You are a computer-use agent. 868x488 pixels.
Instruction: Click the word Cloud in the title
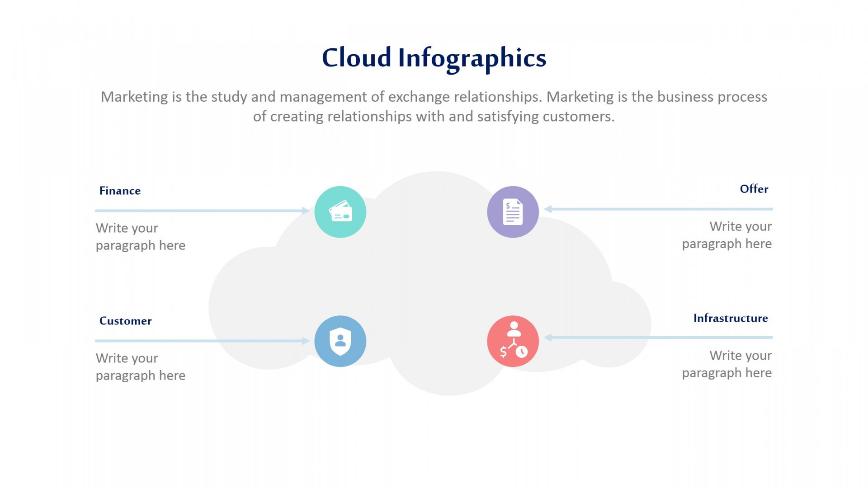(x=356, y=58)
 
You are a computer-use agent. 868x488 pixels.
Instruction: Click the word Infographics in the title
(x=472, y=59)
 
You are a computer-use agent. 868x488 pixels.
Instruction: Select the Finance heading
(x=120, y=191)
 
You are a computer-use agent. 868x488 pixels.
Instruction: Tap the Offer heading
(x=754, y=189)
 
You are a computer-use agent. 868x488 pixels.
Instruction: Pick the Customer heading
(x=125, y=321)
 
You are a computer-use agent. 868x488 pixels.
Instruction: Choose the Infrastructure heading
(x=731, y=318)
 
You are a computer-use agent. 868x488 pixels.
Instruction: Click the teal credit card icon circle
(x=340, y=212)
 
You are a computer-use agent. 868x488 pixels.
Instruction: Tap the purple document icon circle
(x=513, y=212)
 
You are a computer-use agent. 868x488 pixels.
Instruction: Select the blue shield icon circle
(x=340, y=341)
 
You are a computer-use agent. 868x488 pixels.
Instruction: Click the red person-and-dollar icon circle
(x=513, y=341)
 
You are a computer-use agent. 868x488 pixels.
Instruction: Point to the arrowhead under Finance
(x=306, y=211)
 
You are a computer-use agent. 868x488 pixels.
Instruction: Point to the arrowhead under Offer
(x=547, y=209)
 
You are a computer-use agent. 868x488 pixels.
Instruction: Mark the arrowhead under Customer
(x=306, y=341)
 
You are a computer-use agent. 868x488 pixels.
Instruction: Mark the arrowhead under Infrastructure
(x=547, y=338)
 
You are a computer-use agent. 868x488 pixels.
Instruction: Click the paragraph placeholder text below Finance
(x=141, y=237)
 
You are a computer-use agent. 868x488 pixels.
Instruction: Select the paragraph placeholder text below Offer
(x=727, y=235)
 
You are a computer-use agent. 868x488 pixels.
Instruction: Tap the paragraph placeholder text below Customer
(x=141, y=367)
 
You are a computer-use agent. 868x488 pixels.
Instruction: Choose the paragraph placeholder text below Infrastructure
(x=727, y=364)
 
